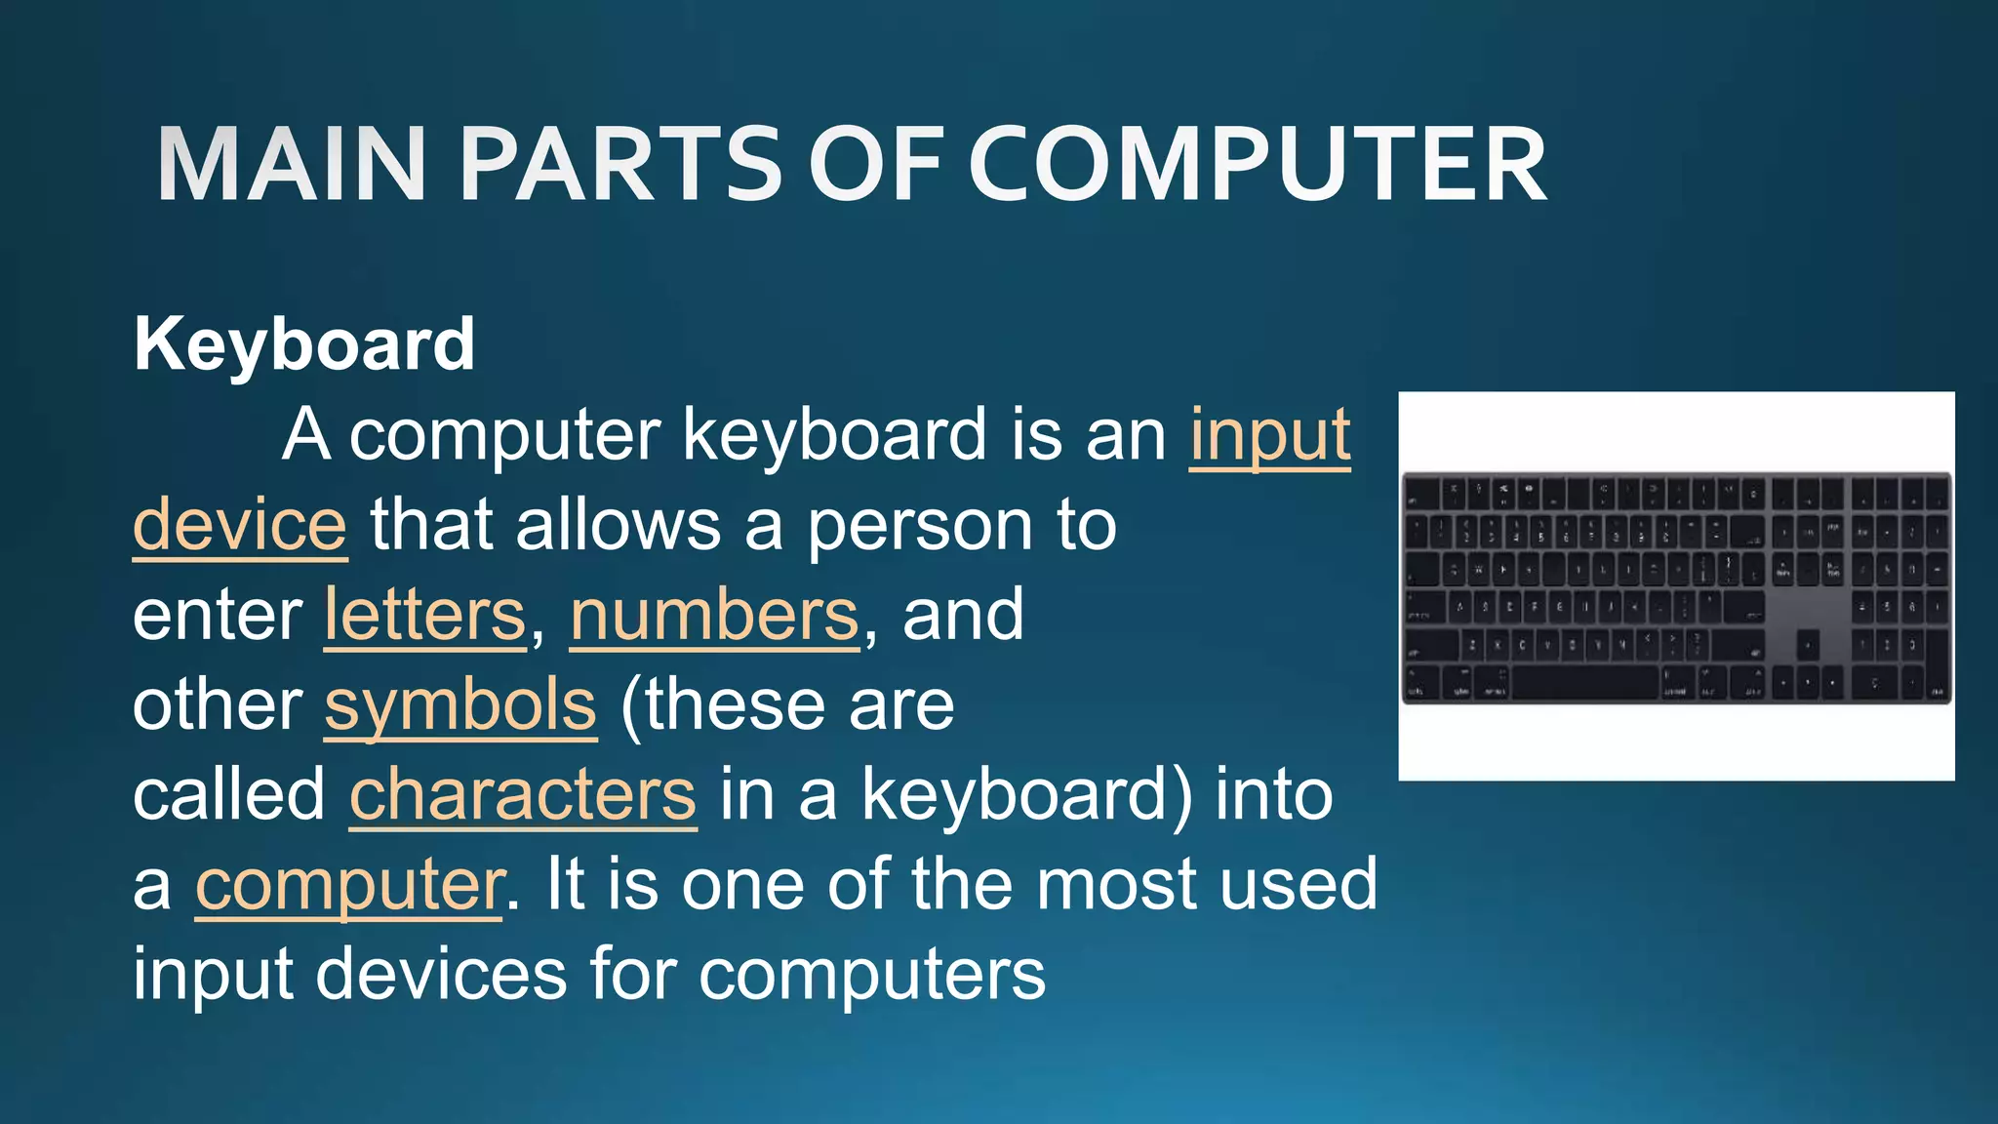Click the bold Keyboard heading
304,344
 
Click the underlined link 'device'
240,525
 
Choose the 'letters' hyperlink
425,615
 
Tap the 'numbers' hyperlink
715,615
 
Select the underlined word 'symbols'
460,704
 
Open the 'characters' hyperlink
523,794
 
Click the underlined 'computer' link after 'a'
349,884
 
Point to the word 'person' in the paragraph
919,525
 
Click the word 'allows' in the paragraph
619,525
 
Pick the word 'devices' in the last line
441,974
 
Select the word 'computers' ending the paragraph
872,974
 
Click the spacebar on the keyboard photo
1584,684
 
